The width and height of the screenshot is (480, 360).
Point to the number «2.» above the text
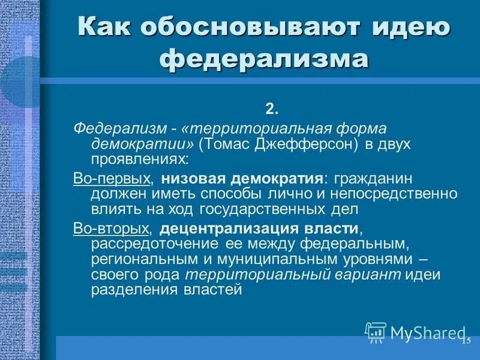[x=272, y=109]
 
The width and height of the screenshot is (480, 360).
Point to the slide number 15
[x=466, y=341]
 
